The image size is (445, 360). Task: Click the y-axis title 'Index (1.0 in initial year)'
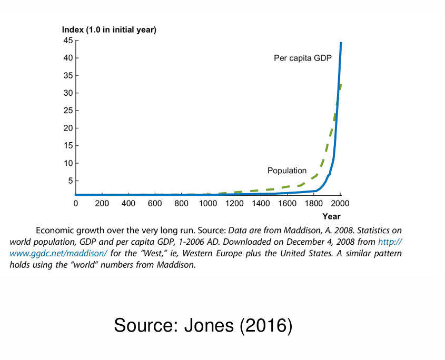pos(109,30)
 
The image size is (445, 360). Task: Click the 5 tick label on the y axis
pos(71,181)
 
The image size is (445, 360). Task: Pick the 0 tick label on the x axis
pos(76,204)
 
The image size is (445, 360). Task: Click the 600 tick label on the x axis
pos(155,204)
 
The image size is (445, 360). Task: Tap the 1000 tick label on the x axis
pos(208,204)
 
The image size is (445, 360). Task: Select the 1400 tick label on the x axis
pos(261,204)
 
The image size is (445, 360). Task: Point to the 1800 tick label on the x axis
pos(314,204)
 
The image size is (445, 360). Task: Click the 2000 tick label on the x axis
pos(341,204)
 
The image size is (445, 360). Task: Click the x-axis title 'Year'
pos(331,216)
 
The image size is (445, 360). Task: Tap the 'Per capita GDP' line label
pos(303,58)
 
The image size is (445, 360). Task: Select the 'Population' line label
pos(287,171)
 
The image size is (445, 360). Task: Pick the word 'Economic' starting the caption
pos(55,231)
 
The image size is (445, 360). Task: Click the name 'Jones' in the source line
pos(208,325)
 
